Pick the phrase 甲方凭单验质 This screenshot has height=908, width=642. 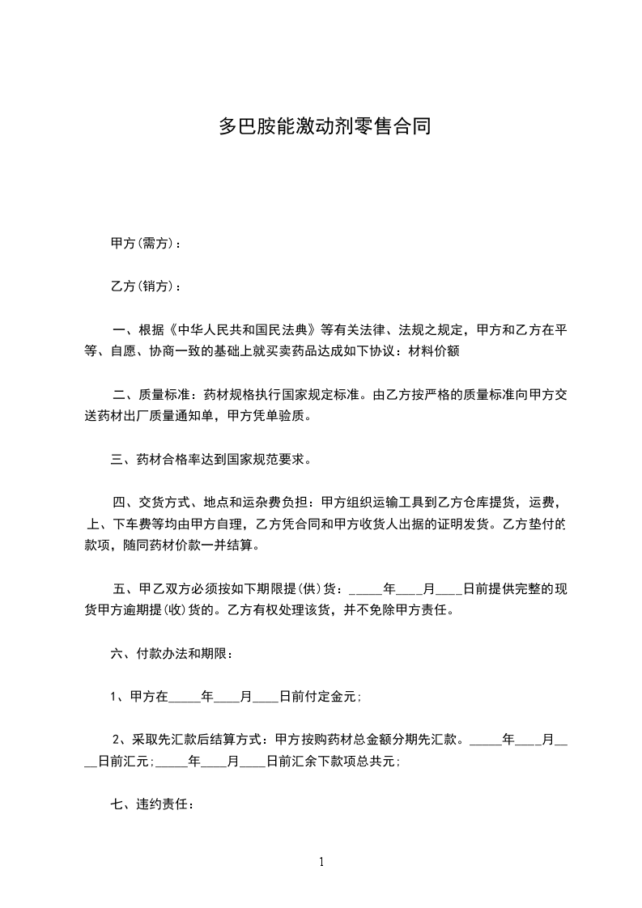pyautogui.click(x=266, y=417)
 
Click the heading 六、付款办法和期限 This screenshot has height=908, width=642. pyautogui.click(x=172, y=653)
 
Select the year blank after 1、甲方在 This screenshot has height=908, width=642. pyautogui.click(x=183, y=698)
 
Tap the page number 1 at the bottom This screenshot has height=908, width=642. pyautogui.click(x=321, y=862)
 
